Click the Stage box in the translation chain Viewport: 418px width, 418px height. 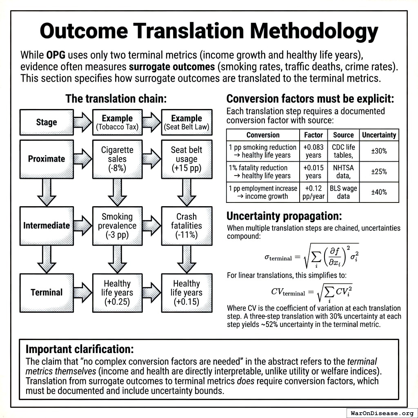click(x=46, y=122)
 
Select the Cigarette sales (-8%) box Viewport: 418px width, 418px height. click(x=117, y=159)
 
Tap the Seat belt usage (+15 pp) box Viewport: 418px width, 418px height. click(x=187, y=159)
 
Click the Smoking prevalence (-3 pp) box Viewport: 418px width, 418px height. click(x=117, y=226)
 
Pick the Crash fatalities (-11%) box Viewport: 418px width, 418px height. click(x=187, y=226)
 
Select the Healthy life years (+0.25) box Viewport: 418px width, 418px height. click(x=117, y=292)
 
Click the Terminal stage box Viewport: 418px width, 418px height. click(x=47, y=292)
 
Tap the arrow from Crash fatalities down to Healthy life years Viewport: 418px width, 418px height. click(x=187, y=259)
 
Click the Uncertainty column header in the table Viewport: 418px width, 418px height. click(x=379, y=135)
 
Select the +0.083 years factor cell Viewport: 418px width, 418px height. click(x=313, y=151)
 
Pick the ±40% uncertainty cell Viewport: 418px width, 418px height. click(x=379, y=192)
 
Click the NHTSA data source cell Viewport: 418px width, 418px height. click(x=343, y=171)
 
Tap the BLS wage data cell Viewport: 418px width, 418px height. click(x=343, y=192)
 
